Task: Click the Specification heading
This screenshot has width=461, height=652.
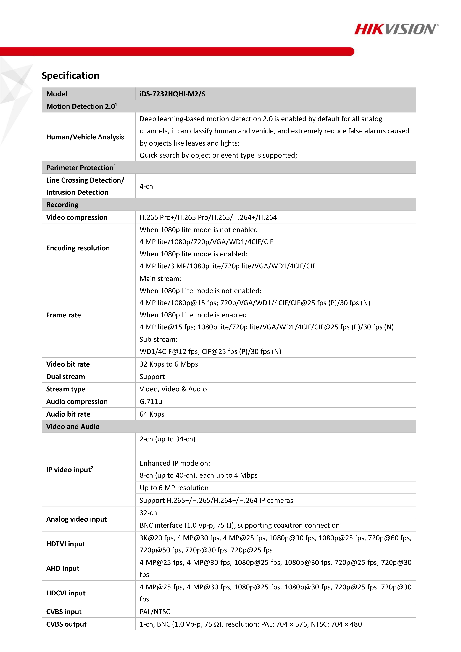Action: (x=70, y=75)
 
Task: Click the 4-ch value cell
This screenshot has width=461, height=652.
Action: (x=146, y=186)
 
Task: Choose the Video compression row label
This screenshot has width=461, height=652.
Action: (x=77, y=217)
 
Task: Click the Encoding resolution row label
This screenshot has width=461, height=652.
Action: (x=78, y=248)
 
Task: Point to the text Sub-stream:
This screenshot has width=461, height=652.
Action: (x=158, y=339)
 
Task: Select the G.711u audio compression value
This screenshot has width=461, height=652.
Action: (x=151, y=401)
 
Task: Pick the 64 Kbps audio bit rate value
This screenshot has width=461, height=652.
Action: (x=152, y=414)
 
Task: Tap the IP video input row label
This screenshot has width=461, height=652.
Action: (x=70, y=470)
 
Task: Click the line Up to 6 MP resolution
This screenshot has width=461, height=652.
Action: (x=174, y=488)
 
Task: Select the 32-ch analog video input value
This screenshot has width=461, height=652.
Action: (x=148, y=513)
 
